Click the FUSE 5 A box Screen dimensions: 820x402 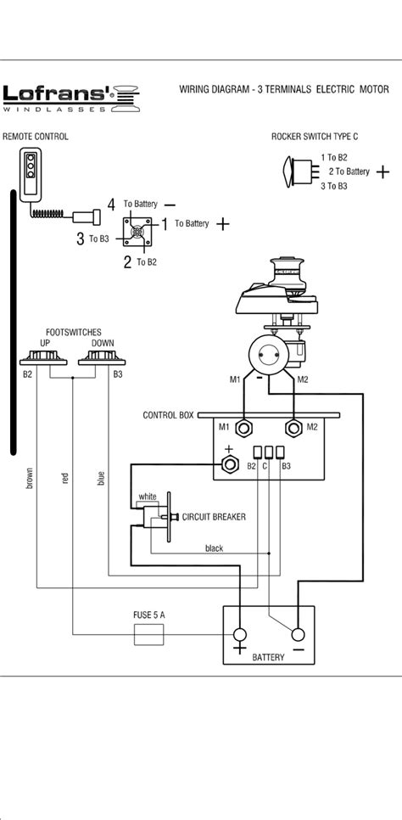point(149,634)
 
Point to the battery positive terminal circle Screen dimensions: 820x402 point(240,635)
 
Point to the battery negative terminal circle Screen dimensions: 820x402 point(297,635)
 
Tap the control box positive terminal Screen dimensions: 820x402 point(228,465)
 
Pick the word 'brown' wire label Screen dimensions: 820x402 point(30,480)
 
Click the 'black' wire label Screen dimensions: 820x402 point(215,548)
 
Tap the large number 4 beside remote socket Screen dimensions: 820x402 point(110,204)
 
